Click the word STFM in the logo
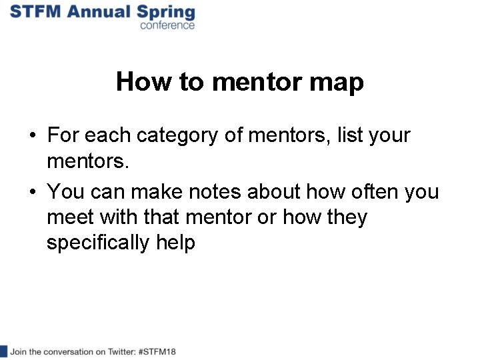point(34,11)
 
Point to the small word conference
point(167,25)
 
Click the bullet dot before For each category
point(32,136)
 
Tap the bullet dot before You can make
point(32,193)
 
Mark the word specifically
point(98,243)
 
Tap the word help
point(175,243)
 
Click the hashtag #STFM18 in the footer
point(156,351)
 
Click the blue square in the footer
point(3,351)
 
